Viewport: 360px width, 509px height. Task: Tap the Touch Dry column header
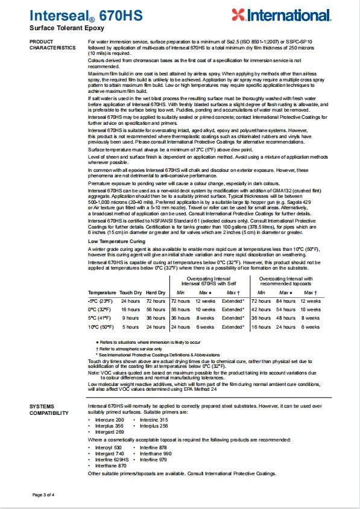(130, 292)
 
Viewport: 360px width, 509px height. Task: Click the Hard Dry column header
(155, 292)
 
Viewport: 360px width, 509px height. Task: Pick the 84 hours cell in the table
(286, 300)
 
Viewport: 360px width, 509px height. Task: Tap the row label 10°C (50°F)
(102, 326)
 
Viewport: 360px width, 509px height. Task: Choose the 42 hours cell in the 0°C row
(261, 309)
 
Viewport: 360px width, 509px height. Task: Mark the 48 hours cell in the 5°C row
(286, 317)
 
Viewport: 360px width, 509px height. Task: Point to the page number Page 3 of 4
(43, 494)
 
